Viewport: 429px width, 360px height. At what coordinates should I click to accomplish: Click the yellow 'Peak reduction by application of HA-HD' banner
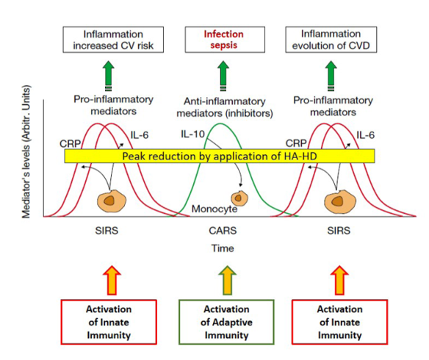point(220,156)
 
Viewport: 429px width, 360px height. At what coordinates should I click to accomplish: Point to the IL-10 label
point(192,134)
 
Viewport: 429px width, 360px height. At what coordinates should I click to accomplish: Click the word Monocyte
point(214,209)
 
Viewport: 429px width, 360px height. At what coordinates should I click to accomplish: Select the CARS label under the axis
point(223,231)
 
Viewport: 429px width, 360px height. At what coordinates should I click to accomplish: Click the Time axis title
point(223,248)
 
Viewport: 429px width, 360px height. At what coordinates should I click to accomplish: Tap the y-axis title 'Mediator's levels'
point(26,152)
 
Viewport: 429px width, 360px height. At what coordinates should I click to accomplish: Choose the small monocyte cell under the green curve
point(239,198)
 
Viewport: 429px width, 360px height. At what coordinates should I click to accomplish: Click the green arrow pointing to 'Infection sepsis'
point(223,76)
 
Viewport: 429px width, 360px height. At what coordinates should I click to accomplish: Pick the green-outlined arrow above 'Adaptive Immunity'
point(228,280)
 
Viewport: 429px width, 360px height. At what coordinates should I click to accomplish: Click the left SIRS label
point(107,231)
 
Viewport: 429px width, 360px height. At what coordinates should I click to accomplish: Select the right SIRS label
point(339,231)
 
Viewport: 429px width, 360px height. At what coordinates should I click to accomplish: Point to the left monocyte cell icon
point(112,201)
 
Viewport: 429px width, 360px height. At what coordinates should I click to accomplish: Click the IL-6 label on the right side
point(365,135)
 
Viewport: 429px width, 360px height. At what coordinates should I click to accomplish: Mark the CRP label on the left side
point(70,143)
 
